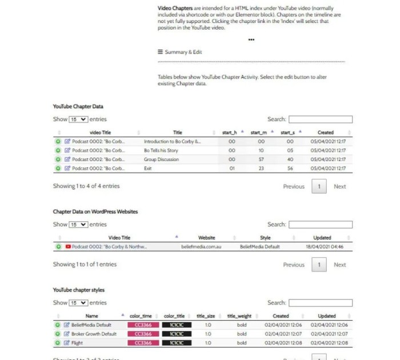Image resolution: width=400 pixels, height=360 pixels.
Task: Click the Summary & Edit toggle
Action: click(180, 52)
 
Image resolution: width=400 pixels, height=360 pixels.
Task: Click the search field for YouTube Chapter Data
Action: click(320, 119)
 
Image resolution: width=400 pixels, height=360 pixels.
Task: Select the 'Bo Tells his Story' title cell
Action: click(161, 150)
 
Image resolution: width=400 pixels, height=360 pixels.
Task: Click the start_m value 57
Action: click(261, 159)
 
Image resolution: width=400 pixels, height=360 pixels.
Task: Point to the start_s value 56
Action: click(290, 169)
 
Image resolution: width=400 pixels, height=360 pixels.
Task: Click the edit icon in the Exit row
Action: click(67, 169)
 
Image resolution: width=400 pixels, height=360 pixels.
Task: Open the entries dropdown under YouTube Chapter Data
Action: click(78, 119)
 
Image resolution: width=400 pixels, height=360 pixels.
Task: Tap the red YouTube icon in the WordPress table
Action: click(68, 247)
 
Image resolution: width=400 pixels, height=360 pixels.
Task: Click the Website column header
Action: click(206, 238)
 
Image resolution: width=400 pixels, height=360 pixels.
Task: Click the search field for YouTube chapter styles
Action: click(320, 303)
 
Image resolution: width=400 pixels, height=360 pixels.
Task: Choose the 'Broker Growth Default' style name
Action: click(94, 334)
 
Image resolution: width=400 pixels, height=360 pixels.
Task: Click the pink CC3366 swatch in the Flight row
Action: click(143, 343)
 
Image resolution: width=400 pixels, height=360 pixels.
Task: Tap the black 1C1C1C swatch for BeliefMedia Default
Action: click(177, 325)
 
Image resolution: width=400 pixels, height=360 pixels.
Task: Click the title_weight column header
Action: click(239, 315)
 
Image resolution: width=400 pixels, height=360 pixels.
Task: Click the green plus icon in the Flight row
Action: click(58, 343)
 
